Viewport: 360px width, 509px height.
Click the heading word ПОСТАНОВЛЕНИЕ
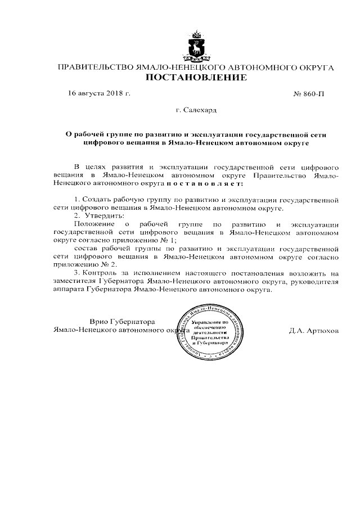pyautogui.click(x=196, y=78)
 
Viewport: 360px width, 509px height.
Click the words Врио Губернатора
pyautogui.click(x=122, y=321)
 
